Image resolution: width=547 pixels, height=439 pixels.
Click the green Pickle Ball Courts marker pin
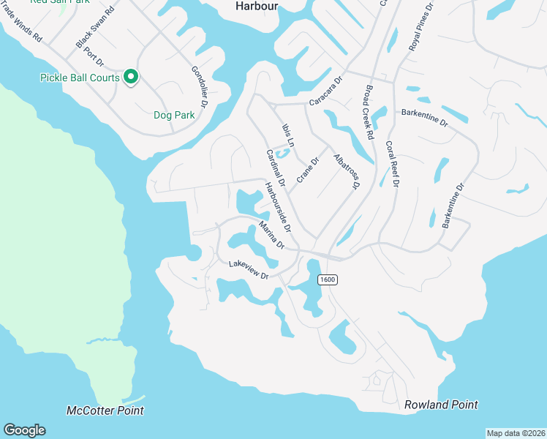tap(132, 76)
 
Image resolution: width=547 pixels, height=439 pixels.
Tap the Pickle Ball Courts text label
tap(80, 77)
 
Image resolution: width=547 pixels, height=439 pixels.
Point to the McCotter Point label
tap(105, 411)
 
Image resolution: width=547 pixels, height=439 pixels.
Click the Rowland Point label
tap(441, 405)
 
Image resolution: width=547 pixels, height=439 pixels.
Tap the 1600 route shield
tap(326, 279)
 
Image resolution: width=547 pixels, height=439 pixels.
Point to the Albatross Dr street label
tap(346, 172)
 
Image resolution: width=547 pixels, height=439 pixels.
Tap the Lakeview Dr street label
tap(249, 269)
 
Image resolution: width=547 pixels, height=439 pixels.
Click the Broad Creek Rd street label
tap(367, 113)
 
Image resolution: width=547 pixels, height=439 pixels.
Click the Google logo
tap(24, 430)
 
